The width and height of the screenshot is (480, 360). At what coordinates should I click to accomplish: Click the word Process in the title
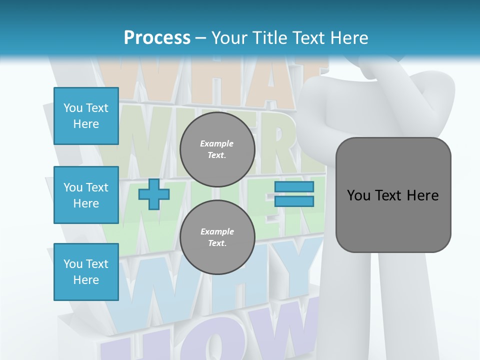pos(157,37)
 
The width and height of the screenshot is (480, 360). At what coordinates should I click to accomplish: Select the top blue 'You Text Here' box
pos(86,116)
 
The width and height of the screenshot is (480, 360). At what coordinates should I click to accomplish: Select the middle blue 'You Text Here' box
pos(86,195)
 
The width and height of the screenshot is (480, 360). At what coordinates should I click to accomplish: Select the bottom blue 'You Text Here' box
pos(86,272)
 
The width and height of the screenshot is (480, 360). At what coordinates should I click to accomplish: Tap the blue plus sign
pos(153,194)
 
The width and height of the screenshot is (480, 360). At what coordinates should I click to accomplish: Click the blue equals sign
pos(294,194)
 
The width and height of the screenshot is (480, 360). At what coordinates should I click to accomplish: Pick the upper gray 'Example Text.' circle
pos(217,149)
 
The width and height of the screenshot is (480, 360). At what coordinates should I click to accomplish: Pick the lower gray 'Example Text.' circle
pos(217,237)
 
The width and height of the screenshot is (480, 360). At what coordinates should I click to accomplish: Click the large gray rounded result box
pos(393,220)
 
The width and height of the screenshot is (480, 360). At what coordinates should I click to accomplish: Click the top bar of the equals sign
pos(294,187)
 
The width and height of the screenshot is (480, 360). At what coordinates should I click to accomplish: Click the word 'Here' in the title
pos(349,37)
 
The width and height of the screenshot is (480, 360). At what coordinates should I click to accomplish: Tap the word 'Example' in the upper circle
pos(217,143)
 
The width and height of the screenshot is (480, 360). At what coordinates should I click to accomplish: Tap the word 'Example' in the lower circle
pos(217,231)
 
